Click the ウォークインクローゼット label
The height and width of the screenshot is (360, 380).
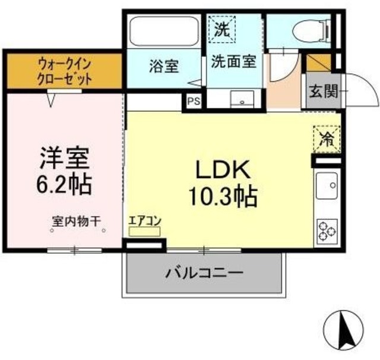tap(64, 70)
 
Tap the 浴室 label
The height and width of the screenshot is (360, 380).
tap(164, 67)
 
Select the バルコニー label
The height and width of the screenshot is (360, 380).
tap(204, 274)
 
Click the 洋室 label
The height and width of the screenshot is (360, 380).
tap(65, 157)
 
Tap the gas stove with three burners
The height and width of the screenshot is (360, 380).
tap(327, 229)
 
